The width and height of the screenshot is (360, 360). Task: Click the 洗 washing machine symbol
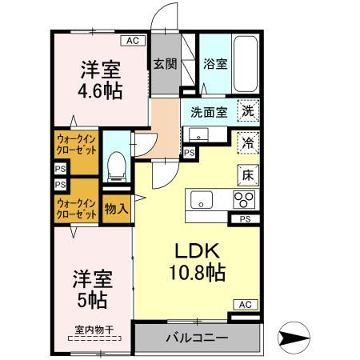(x=249, y=113)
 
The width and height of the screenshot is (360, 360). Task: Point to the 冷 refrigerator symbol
(x=249, y=143)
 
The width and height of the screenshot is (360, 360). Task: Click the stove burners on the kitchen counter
(x=243, y=200)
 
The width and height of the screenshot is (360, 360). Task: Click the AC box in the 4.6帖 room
(x=132, y=40)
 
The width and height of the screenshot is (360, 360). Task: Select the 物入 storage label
(x=117, y=209)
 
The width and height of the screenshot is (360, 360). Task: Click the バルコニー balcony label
(x=197, y=337)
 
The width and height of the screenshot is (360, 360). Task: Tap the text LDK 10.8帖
(x=194, y=260)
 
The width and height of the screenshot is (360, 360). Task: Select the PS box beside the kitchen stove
(x=246, y=218)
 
